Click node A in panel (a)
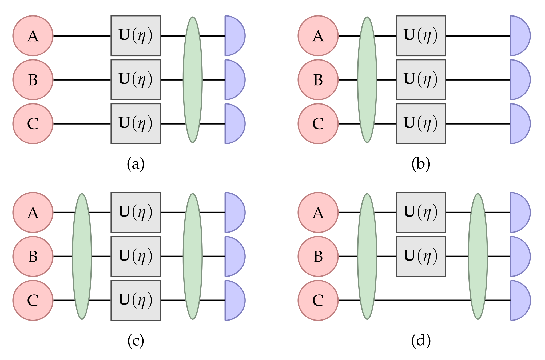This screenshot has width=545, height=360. click(33, 36)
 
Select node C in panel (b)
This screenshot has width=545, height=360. click(318, 124)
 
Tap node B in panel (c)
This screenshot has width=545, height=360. click(33, 256)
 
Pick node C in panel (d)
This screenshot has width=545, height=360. click(318, 300)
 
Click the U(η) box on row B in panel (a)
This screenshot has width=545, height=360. click(136, 80)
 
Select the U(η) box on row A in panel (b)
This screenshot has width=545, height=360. click(421, 36)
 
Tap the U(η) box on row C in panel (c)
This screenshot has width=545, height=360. click(136, 300)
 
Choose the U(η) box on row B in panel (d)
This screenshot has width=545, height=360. click(421, 256)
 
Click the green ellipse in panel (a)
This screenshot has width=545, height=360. click(193, 80)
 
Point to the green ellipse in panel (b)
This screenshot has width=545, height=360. click(367, 80)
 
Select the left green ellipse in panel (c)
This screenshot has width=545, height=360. click(82, 256)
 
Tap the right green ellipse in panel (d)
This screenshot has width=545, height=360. click(478, 256)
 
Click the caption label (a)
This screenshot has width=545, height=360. click(136, 164)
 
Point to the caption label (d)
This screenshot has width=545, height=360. click(421, 341)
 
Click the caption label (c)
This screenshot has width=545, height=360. click(136, 341)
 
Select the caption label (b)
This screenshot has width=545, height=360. click(421, 164)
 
